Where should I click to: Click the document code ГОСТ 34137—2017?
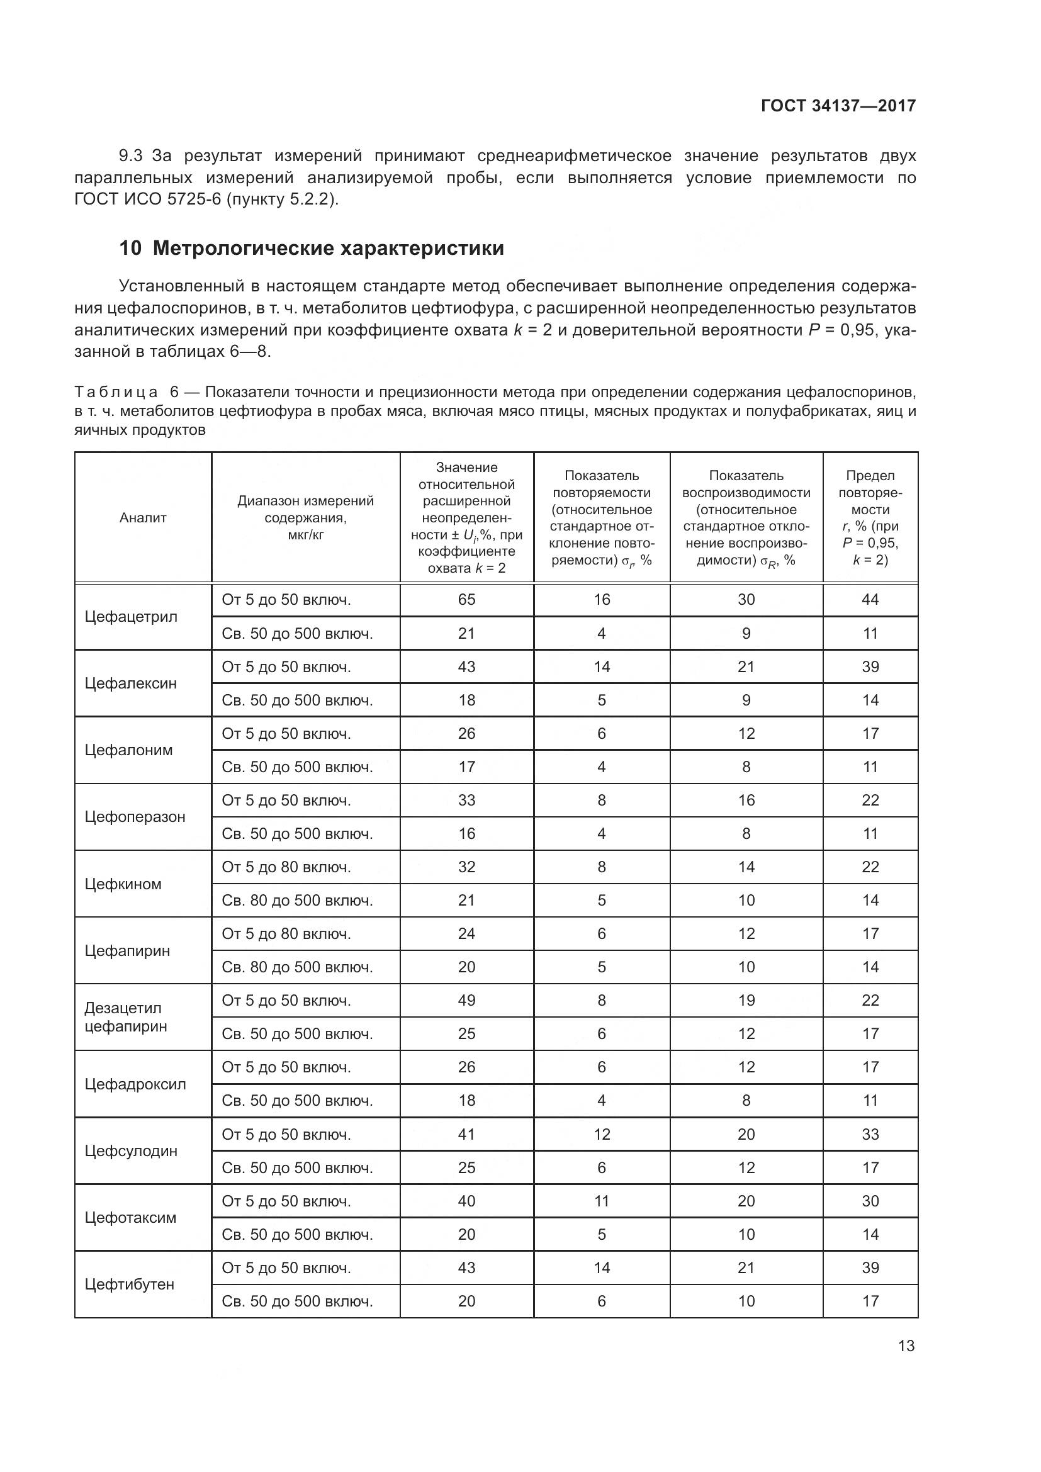click(x=838, y=106)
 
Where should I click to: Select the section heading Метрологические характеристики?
click(x=328, y=248)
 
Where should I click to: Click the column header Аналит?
click(x=143, y=518)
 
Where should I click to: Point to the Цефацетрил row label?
click(x=131, y=617)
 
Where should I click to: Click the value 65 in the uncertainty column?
click(x=466, y=600)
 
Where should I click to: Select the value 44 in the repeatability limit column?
click(x=870, y=600)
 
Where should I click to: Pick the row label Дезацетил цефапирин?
click(x=126, y=1017)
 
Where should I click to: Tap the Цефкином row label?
click(x=123, y=884)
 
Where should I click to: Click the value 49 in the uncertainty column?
click(x=466, y=1000)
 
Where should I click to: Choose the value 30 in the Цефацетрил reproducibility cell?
click(x=746, y=600)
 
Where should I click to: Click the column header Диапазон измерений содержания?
click(x=305, y=517)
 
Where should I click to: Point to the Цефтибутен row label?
click(x=130, y=1284)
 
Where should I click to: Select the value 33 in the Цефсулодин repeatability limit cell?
click(x=870, y=1134)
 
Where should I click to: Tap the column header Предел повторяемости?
click(x=870, y=517)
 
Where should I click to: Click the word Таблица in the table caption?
click(x=116, y=391)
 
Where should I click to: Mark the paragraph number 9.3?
click(x=131, y=156)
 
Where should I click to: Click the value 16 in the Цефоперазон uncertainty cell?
click(x=466, y=833)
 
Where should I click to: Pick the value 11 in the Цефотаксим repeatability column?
click(x=601, y=1201)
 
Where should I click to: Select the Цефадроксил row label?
click(x=135, y=1084)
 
